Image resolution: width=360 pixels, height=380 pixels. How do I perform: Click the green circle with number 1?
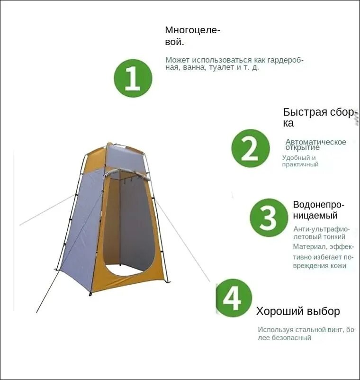coord(133,78)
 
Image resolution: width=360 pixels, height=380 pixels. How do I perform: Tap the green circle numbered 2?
coord(251,148)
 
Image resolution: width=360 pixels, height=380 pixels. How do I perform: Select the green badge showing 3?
coord(269,217)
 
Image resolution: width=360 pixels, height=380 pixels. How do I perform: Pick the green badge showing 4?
coord(234,298)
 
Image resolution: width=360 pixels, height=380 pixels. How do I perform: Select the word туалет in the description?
coord(222,67)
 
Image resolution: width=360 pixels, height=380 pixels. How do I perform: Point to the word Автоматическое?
coord(315,142)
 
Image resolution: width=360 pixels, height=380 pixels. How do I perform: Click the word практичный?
coord(300,164)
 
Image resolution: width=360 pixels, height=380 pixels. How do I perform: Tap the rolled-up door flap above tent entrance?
coord(128,174)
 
